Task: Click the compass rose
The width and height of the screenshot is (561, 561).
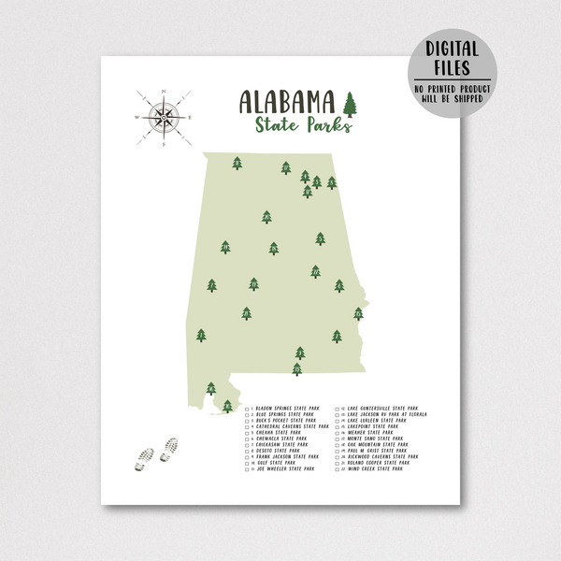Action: tap(165, 118)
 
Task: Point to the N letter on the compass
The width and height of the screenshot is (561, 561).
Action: tap(165, 90)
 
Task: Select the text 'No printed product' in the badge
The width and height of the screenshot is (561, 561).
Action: tap(453, 87)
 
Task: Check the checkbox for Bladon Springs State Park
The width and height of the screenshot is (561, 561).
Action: tap(248, 409)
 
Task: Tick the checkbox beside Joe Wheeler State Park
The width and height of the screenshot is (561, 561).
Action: tap(248, 468)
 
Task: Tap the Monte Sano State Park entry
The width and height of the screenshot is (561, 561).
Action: tap(375, 439)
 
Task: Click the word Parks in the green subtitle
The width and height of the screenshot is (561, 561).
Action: tap(328, 125)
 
